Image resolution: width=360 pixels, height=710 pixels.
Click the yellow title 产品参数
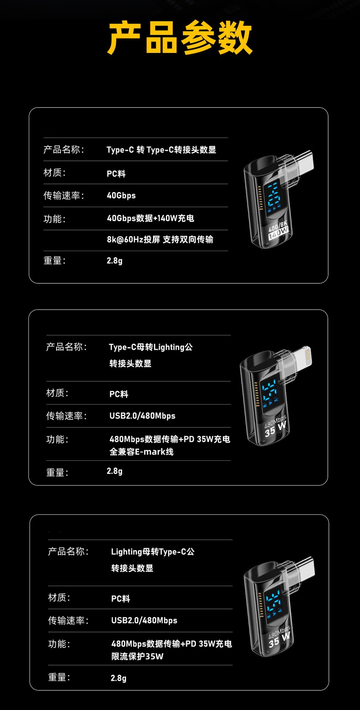[180, 37]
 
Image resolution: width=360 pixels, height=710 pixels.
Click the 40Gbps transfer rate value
[121, 195]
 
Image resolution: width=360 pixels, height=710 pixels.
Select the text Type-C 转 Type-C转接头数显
[161, 150]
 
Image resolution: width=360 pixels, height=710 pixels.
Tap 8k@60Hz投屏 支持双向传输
[160, 240]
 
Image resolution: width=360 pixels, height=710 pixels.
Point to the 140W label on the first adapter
[278, 232]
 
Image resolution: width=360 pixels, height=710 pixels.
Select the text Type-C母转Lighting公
[151, 347]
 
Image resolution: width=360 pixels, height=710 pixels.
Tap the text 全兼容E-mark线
[142, 452]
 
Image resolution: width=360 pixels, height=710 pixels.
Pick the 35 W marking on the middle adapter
[275, 429]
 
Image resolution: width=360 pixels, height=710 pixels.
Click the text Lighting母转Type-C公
[153, 552]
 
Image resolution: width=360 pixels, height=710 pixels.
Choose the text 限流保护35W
[137, 656]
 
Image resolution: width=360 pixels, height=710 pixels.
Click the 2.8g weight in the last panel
[118, 678]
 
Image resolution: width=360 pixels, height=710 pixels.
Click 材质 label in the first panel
[54, 173]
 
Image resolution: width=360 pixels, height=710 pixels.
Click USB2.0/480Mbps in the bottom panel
[144, 621]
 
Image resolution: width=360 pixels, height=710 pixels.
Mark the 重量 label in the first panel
[54, 261]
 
